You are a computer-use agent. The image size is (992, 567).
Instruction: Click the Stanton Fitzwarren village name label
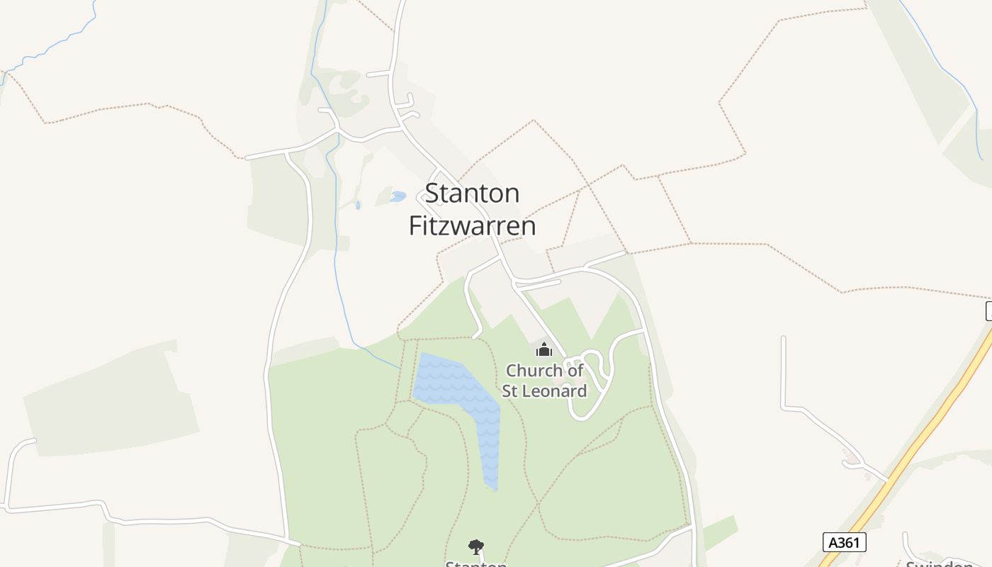[x=473, y=209]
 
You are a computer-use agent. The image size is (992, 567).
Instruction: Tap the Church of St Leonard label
[x=544, y=381]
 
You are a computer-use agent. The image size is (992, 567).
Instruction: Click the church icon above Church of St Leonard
[x=543, y=349]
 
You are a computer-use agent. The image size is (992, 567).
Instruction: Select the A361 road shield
[x=844, y=542]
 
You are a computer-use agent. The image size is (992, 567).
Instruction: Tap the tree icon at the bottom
[x=476, y=546]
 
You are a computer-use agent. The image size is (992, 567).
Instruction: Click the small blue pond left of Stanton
[x=398, y=196]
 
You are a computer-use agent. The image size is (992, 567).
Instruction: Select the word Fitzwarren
[x=473, y=226]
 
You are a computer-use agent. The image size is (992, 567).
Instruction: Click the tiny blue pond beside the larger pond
[x=358, y=205]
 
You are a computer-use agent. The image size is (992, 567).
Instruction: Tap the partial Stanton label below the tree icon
[x=476, y=564]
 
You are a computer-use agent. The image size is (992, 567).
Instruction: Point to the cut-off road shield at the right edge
[x=988, y=310]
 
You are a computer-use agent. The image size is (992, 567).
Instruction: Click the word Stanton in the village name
[x=473, y=193]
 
